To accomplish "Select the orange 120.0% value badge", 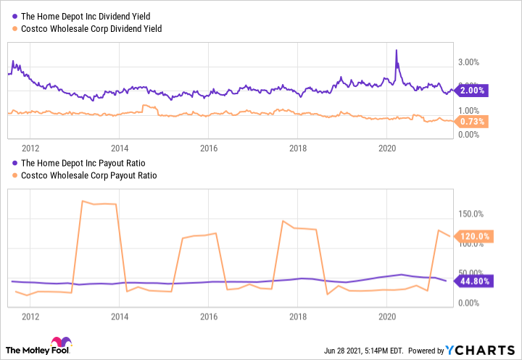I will click(474, 236).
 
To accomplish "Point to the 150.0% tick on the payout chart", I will click(471, 214).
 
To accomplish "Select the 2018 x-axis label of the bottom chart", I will click(298, 317).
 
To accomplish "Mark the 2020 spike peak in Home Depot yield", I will click(397, 51).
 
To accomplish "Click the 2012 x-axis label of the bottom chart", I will click(30, 317).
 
